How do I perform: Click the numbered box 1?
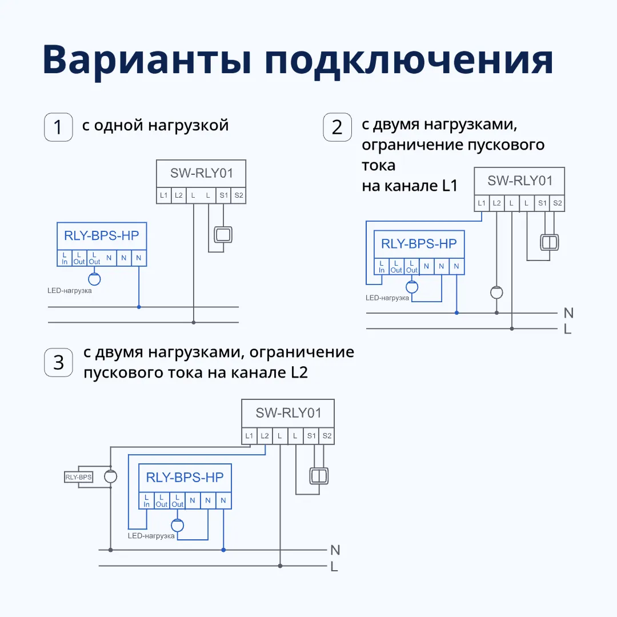pyautogui.click(x=58, y=127)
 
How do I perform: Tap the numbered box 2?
pyautogui.click(x=337, y=127)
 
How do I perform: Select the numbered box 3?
pyautogui.click(x=58, y=362)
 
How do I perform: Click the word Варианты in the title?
pyautogui.click(x=147, y=60)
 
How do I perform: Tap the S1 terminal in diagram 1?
pyautogui.click(x=224, y=195)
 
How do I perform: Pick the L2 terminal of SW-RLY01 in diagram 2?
pyautogui.click(x=496, y=203)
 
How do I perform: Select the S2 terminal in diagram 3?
pyautogui.click(x=327, y=436)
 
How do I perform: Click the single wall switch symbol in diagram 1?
pyautogui.click(x=223, y=234)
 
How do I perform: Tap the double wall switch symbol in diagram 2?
pyautogui.click(x=549, y=242)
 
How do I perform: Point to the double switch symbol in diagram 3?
pyautogui.click(x=317, y=475)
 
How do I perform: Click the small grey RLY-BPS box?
pyautogui.click(x=78, y=476)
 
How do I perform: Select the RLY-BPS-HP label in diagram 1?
pyautogui.click(x=102, y=235)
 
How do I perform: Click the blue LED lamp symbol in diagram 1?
pyautogui.click(x=94, y=279)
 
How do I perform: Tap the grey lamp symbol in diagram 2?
pyautogui.click(x=496, y=293)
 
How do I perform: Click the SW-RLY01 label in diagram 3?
pyautogui.click(x=289, y=412)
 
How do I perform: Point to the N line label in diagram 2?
pyautogui.click(x=568, y=312)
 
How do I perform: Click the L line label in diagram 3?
pyautogui.click(x=334, y=567)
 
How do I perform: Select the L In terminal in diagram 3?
pyautogui.click(x=146, y=500)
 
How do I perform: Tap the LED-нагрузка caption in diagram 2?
pyautogui.click(x=387, y=298)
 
